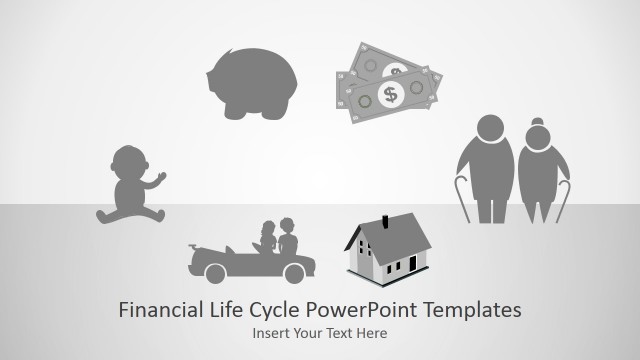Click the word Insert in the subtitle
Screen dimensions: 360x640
coord(270,333)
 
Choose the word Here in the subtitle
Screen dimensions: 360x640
coord(371,333)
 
